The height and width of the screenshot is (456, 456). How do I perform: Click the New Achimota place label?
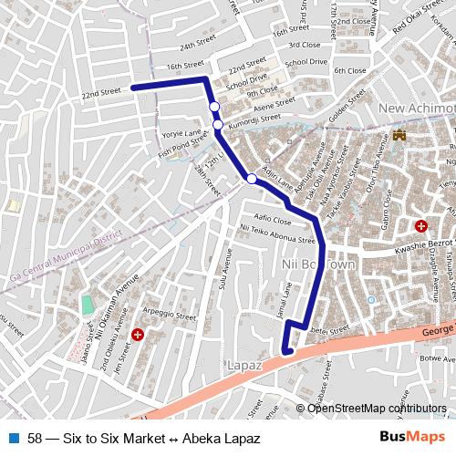click(x=416, y=110)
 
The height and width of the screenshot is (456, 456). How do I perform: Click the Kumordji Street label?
click(x=254, y=119)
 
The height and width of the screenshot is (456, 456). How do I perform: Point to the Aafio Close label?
click(x=273, y=221)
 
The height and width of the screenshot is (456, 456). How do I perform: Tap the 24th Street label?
click(x=200, y=45)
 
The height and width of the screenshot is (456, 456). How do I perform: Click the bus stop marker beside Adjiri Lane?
click(x=252, y=179)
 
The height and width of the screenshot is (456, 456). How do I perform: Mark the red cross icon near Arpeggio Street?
click(x=138, y=336)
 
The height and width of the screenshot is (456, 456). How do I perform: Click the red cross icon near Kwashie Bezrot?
click(x=420, y=225)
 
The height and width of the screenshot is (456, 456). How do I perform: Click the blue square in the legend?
click(x=16, y=439)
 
